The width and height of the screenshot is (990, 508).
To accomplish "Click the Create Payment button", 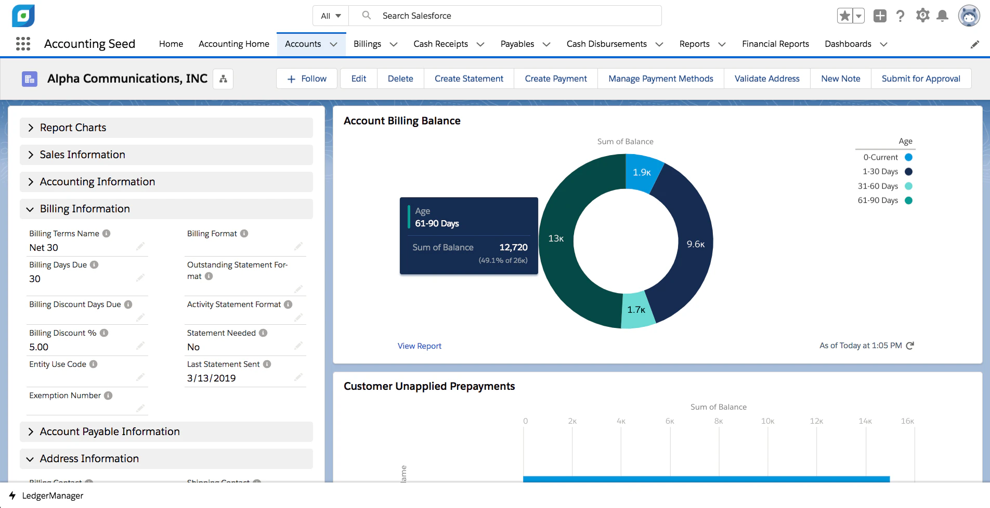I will tap(555, 79).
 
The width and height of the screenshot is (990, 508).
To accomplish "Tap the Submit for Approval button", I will tap(920, 79).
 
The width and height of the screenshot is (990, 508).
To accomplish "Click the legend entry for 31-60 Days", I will tap(884, 186).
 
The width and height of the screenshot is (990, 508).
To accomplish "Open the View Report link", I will tap(419, 346).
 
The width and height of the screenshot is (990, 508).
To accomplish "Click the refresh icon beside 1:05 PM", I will tap(910, 346).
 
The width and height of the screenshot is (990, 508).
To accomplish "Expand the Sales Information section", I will tap(83, 155).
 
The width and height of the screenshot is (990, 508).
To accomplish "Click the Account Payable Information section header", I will tap(110, 431).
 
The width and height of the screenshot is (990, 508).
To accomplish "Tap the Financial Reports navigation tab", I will tap(775, 44).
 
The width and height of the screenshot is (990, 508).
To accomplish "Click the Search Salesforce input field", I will tap(515, 16).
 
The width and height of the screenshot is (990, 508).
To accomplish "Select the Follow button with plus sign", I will tap(307, 79).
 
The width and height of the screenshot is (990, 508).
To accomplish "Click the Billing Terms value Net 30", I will tap(44, 248).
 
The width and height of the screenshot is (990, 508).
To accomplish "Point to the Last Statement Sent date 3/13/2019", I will tap(211, 378).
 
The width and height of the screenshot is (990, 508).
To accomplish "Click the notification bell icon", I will tap(942, 16).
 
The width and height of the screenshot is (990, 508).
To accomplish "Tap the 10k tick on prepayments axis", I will tap(767, 421).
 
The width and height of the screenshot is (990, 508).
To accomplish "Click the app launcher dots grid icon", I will tap(23, 44).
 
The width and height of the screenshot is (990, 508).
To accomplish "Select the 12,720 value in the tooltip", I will tap(513, 247).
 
